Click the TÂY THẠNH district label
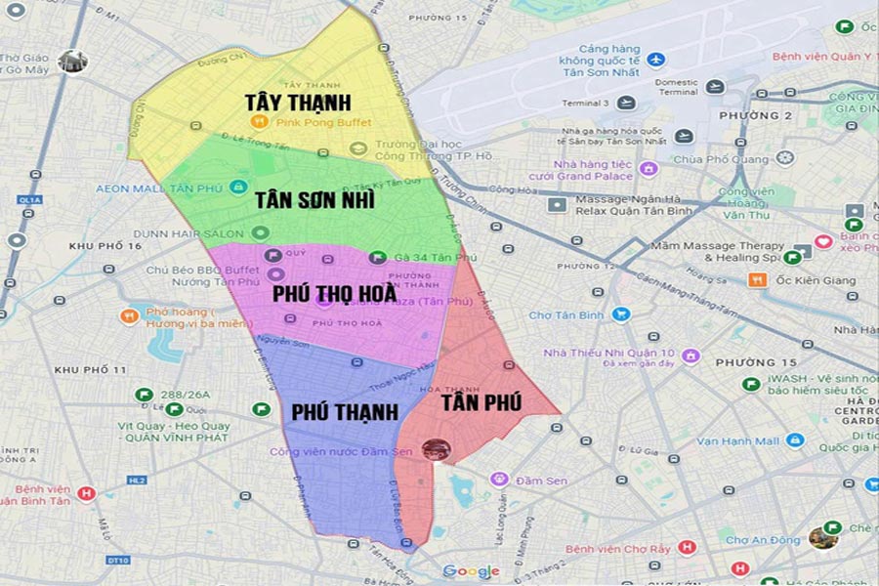point(299,102)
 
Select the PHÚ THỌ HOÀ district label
point(334,293)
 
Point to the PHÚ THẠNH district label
point(345,412)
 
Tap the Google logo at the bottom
point(471,571)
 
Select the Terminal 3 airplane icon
point(627,103)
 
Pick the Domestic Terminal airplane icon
point(715,87)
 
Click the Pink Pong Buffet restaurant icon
point(259,122)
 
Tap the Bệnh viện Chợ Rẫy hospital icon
point(688,548)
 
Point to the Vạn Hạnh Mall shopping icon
point(795,440)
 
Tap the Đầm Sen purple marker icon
point(500,480)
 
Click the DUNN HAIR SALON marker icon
point(260,232)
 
